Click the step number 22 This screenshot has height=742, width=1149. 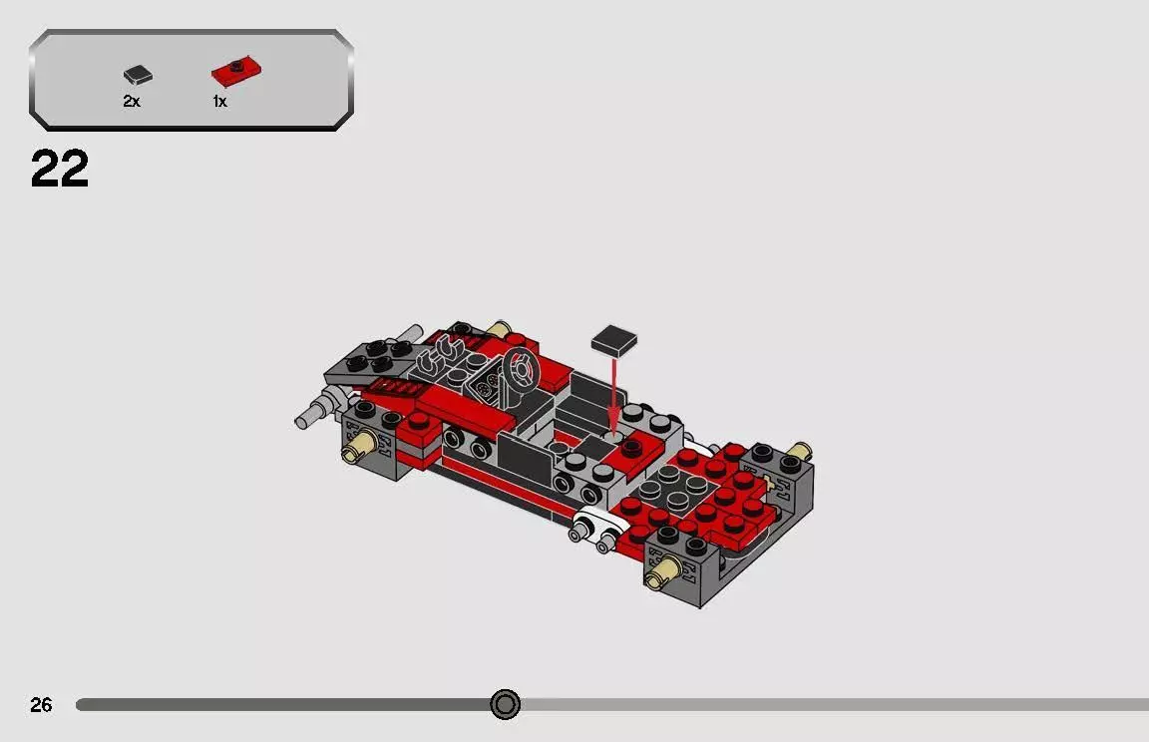pyautogui.click(x=60, y=170)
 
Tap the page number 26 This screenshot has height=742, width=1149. pyautogui.click(x=41, y=705)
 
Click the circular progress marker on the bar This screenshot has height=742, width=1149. pyautogui.click(x=506, y=705)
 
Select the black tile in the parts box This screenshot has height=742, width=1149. pyautogui.click(x=138, y=75)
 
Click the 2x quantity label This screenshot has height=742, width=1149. pyautogui.click(x=132, y=102)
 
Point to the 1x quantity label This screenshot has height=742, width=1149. pyautogui.click(x=219, y=102)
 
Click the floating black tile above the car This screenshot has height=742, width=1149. pyautogui.click(x=614, y=341)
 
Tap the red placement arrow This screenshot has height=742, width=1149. pyautogui.click(x=614, y=394)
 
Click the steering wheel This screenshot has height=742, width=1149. pyautogui.click(x=519, y=370)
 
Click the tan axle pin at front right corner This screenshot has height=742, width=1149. pyautogui.click(x=661, y=572)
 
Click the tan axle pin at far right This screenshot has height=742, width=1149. pyautogui.click(x=796, y=452)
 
